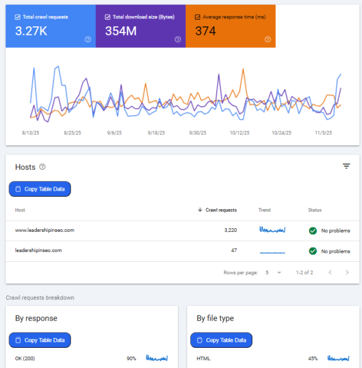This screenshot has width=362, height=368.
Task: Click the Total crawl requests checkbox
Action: tap(17, 17)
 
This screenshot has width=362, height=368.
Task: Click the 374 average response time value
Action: tap(207, 31)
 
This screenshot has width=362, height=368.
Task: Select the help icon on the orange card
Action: tap(268, 39)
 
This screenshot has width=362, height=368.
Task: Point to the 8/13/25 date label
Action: tap(31, 132)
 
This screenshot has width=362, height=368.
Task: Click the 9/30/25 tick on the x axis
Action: tap(199, 132)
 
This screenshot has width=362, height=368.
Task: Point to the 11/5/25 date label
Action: tap(323, 132)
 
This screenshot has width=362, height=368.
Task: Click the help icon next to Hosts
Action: tap(42, 167)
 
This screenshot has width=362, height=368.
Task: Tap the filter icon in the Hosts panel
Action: tap(347, 166)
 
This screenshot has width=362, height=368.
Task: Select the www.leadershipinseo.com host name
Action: tap(44, 231)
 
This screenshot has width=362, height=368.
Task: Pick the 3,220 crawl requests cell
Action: tap(227, 231)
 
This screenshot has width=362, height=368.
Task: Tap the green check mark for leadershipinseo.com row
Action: tap(313, 251)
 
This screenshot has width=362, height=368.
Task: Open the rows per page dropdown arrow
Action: tap(279, 272)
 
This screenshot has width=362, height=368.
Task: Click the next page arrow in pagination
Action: tap(347, 272)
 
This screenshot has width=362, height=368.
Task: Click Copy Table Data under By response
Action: tap(40, 340)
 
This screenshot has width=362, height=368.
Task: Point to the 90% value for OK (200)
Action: tap(131, 358)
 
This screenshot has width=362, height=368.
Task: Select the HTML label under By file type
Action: tap(204, 358)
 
